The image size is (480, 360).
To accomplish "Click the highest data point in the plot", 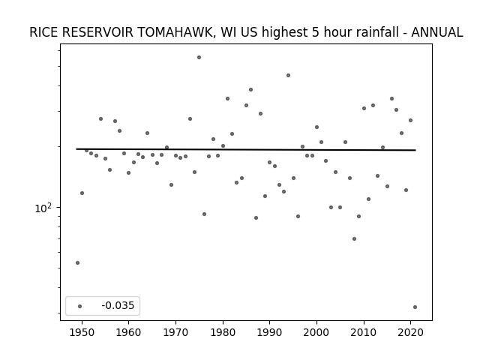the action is (199, 57).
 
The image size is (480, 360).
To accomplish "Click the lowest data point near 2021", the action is (415, 307).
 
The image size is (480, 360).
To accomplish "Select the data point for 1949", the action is (77, 262).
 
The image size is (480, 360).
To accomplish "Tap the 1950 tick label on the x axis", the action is (82, 332).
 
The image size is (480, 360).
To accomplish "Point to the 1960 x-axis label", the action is (128, 332).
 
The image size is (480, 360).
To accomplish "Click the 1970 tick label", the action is (175, 332).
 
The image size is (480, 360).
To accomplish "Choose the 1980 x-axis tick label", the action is (223, 332).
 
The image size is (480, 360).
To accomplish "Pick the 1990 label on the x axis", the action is (270, 332).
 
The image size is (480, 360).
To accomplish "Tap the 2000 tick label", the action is (316, 332).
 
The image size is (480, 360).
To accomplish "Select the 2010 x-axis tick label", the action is (364, 332).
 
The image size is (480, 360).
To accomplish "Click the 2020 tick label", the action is (411, 332).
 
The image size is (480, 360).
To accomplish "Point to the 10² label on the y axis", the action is (43, 208).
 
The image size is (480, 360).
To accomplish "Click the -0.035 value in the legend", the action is (118, 305).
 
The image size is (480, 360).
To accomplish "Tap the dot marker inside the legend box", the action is (80, 306).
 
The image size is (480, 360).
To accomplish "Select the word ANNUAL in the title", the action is (436, 32).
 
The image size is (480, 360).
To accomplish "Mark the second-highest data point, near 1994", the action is (288, 75).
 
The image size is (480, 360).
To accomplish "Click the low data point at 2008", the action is (354, 238).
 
